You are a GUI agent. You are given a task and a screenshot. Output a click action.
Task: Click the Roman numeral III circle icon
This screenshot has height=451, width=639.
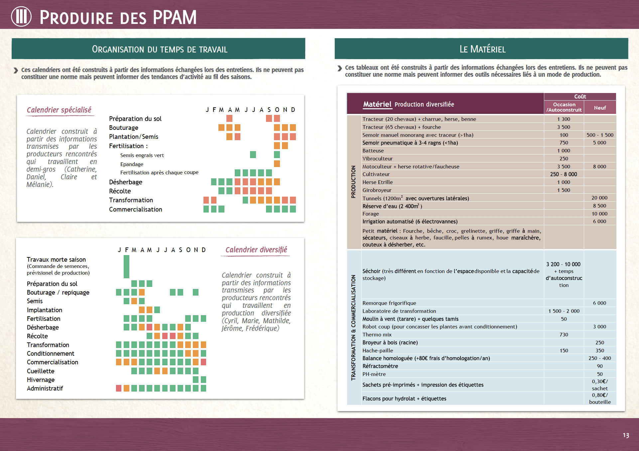[x=21, y=17]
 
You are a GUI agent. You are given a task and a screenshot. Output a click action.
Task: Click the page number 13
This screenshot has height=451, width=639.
[x=626, y=435]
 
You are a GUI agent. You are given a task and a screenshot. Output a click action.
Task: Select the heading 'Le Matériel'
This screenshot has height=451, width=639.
[x=482, y=49]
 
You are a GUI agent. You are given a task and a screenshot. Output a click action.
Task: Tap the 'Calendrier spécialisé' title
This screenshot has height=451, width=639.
[x=59, y=110]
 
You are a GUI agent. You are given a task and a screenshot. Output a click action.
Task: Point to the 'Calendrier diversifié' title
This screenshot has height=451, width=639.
[x=256, y=250]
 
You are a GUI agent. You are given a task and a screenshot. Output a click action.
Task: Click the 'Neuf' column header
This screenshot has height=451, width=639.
[x=600, y=108]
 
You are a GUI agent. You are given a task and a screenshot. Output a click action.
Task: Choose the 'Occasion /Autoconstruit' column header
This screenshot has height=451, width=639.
[x=564, y=107]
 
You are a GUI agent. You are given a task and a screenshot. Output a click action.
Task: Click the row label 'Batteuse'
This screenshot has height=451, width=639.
[x=373, y=151]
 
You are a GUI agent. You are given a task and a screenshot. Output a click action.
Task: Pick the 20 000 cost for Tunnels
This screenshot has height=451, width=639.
[x=599, y=198]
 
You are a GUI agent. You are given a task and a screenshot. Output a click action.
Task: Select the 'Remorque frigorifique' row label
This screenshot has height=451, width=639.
[x=389, y=303]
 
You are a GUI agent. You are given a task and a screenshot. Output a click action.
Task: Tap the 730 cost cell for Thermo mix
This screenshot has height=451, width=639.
[x=564, y=335]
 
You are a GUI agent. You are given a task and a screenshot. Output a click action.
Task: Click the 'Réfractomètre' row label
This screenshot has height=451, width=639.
[x=380, y=366]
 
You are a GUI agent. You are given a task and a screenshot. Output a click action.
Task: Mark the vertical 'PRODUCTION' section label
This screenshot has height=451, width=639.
[x=353, y=182]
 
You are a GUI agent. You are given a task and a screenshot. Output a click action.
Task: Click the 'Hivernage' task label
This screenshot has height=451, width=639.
[x=41, y=380]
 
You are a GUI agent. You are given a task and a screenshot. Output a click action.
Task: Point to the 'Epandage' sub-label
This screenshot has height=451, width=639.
[x=132, y=164]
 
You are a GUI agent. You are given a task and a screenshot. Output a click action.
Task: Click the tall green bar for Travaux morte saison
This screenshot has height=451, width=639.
[x=126, y=266]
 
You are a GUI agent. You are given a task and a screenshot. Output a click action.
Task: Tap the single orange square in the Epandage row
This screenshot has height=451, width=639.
[x=277, y=164]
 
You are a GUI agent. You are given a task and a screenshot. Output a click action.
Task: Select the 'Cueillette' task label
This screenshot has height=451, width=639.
[x=41, y=371]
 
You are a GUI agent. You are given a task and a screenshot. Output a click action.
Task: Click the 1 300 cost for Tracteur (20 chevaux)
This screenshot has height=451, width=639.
[x=564, y=119]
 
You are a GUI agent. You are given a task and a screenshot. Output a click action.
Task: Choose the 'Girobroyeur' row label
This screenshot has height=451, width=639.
[x=377, y=190]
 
